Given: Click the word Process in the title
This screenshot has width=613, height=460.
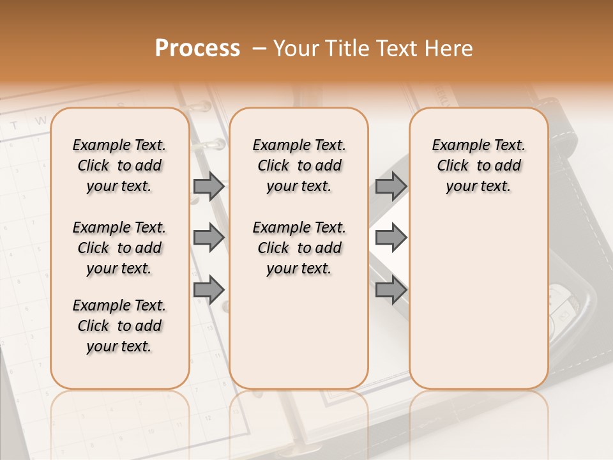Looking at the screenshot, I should pos(197,49).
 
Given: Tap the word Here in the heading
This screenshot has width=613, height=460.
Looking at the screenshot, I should pos(446,49).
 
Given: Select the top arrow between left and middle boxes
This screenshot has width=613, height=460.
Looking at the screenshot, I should pos(209,186).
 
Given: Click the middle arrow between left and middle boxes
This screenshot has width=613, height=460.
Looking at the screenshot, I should pos(209,238).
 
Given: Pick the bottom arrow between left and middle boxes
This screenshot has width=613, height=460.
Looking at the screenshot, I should pos(209,289).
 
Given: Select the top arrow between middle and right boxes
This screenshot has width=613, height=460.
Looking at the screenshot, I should pos(391,186).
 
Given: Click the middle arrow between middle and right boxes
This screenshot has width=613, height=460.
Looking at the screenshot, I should pos(391,238).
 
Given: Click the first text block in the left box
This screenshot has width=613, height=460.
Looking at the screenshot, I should pos(119,165).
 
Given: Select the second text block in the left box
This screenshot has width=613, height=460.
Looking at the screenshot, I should pos(119,248).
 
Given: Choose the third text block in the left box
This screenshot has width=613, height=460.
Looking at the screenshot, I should pos(119,326).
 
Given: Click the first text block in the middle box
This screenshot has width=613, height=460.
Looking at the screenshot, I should pos(299,165).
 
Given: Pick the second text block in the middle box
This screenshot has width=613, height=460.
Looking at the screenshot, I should pos(299,248).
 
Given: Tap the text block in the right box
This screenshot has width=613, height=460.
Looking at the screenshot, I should pos(478,165).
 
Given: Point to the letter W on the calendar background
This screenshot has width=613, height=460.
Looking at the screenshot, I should pos(40,120).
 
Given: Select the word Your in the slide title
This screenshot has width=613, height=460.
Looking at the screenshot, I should pos(296,49).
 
